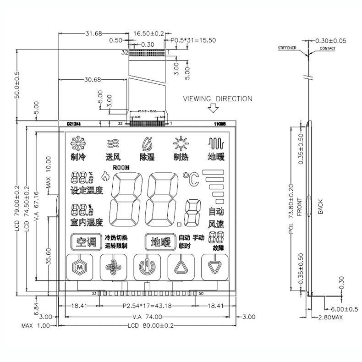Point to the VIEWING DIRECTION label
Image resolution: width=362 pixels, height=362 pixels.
[218, 99]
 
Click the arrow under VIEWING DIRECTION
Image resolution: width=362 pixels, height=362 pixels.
[213, 109]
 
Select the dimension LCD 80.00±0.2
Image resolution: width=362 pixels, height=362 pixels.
[152, 326]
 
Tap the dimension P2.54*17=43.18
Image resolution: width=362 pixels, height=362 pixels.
[147, 305]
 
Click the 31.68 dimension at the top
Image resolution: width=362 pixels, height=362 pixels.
[94, 33]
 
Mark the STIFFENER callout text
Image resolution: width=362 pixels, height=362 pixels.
[287, 48]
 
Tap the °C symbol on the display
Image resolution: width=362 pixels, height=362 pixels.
[191, 178]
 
